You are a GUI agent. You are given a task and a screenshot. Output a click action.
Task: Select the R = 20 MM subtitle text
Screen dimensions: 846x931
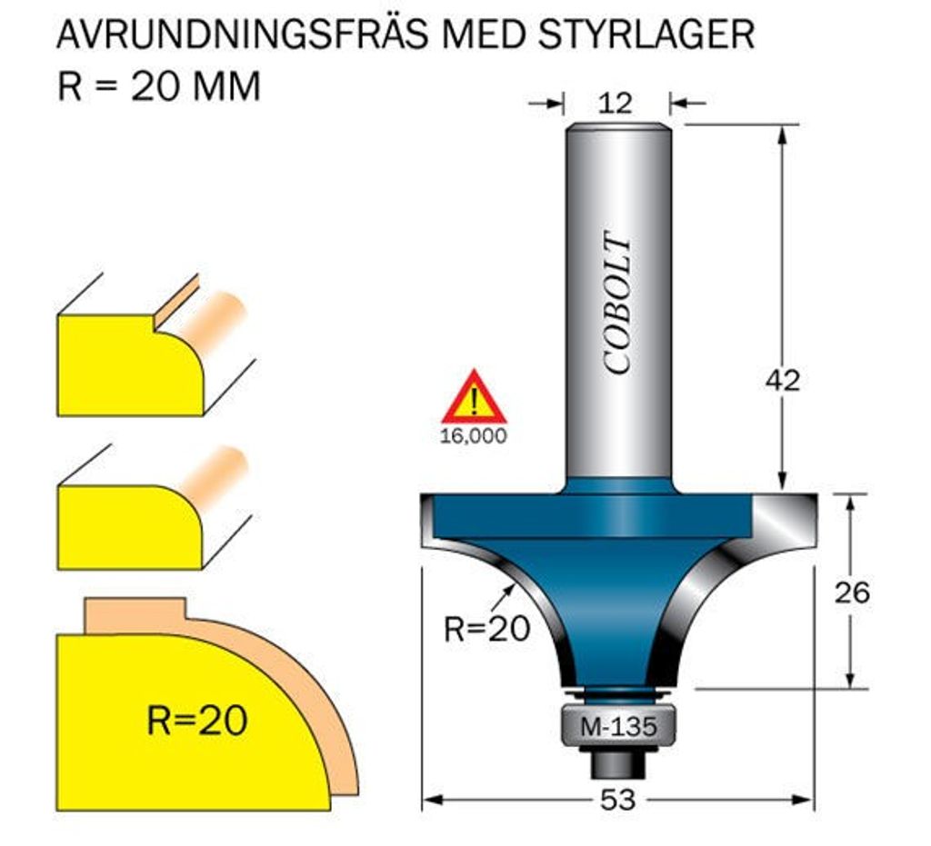(x=159, y=86)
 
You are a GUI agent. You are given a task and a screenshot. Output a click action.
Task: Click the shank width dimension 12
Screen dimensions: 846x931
(x=616, y=103)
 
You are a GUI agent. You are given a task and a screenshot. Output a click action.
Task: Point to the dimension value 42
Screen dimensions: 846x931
(x=782, y=380)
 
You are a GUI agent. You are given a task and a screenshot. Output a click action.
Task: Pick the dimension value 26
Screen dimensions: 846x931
(x=852, y=592)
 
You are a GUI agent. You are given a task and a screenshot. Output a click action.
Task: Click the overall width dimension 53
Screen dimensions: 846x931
(x=617, y=801)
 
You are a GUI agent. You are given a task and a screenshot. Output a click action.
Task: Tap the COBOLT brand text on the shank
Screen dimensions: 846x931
(x=617, y=305)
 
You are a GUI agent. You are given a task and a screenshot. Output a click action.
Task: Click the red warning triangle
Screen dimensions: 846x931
(x=473, y=398)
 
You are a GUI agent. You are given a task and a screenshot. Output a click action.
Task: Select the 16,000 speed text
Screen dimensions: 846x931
(x=473, y=436)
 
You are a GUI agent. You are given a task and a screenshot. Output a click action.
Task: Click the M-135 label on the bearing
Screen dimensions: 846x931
(x=617, y=728)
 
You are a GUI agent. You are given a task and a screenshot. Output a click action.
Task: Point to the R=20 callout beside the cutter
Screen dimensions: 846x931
(x=486, y=628)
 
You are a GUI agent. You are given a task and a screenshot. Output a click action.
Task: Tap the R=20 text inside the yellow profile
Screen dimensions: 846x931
(x=196, y=721)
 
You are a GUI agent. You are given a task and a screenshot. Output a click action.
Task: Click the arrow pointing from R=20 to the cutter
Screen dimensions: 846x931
(x=501, y=596)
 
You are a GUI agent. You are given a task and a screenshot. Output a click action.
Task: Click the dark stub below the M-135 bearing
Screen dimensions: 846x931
(x=617, y=764)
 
